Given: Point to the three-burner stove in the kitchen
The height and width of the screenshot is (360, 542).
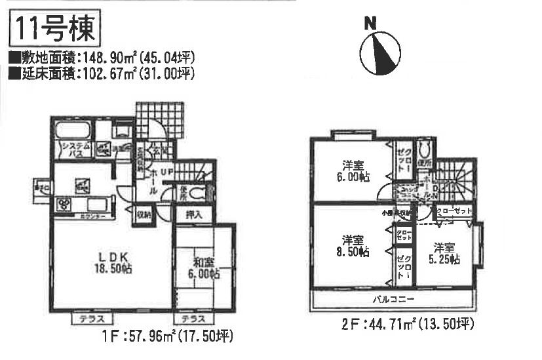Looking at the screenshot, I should tap(68, 204).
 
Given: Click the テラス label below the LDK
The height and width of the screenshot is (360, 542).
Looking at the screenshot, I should tap(89, 319).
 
